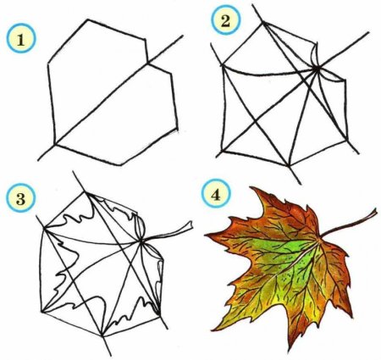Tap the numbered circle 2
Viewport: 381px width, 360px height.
[x=225, y=20]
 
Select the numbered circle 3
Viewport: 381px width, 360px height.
[x=21, y=197]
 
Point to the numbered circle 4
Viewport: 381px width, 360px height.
[x=216, y=195]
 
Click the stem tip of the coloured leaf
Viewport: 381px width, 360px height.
[x=376, y=211]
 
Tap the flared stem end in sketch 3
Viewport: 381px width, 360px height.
[x=190, y=225]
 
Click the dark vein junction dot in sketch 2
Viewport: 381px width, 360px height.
[x=317, y=69]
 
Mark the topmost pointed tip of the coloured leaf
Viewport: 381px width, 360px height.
[x=251, y=187]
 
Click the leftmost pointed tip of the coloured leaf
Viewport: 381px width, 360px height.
[x=206, y=235]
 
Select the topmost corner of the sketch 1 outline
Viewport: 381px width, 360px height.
[x=88, y=19]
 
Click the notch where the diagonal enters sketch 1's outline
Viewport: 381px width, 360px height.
[x=147, y=63]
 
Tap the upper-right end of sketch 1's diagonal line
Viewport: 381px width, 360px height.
[x=183, y=36]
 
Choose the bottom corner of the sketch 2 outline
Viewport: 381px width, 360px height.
[x=288, y=165]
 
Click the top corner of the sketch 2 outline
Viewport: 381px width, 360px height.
[x=263, y=23]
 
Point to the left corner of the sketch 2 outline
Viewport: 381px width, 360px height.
[x=223, y=66]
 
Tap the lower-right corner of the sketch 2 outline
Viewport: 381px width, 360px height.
[x=345, y=140]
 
